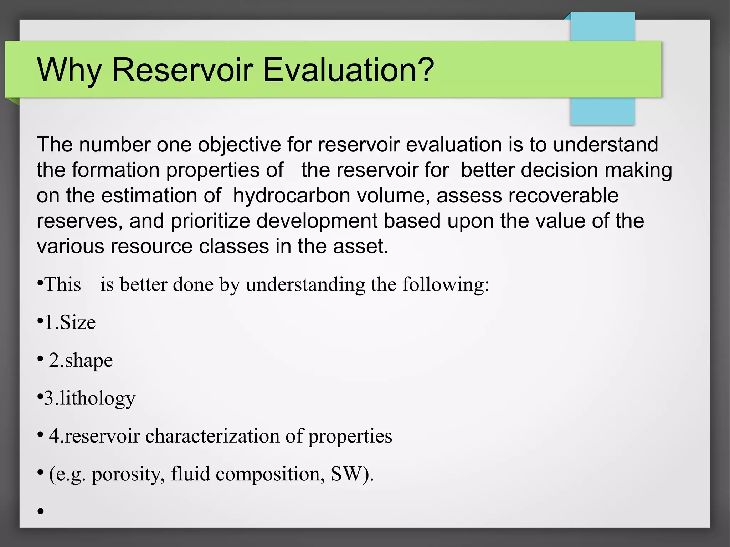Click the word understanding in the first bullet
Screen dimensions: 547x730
point(305,285)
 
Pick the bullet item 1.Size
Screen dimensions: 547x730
point(70,322)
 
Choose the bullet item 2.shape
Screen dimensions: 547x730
point(81,360)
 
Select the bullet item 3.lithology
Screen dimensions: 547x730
point(89,398)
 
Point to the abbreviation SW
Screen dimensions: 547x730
point(346,474)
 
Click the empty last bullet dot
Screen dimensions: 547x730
point(41,511)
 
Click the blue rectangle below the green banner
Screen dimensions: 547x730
point(602,111)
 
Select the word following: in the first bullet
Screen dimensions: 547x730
point(446,285)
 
